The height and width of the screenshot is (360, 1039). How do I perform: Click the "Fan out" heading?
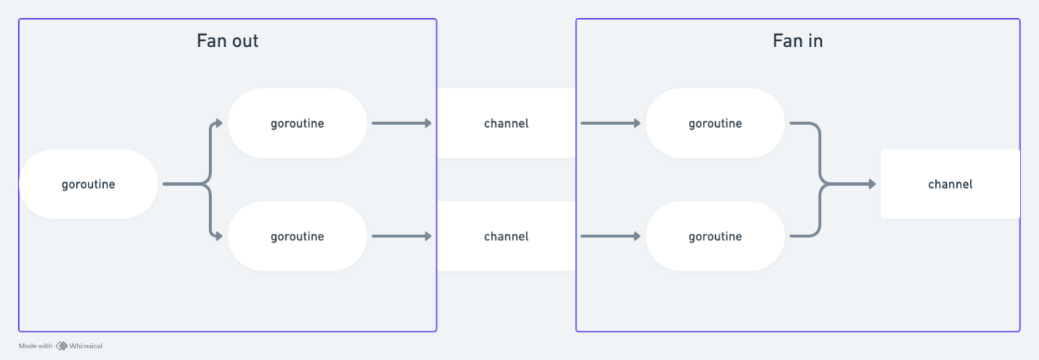pos(227,41)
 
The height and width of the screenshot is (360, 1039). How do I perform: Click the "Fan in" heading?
pos(797,41)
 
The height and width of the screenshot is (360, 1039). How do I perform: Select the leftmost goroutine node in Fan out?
pos(88,184)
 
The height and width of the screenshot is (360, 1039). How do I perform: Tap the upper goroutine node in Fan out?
pos(297,123)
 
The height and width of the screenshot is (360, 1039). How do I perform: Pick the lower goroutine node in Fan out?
pos(297,237)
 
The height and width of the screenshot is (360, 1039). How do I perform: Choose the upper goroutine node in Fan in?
pos(715,123)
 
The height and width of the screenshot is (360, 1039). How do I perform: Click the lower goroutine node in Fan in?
pos(715,237)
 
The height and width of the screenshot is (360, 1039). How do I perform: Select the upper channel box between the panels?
pos(506,123)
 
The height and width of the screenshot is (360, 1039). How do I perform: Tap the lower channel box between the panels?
pos(506,237)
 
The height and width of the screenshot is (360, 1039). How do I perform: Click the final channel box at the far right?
pos(950,184)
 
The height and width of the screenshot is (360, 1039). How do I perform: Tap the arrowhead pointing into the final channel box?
pos(871,184)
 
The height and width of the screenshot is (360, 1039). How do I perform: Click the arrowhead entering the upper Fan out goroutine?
pos(219,123)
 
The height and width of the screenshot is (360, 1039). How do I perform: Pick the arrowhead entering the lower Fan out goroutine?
pos(219,237)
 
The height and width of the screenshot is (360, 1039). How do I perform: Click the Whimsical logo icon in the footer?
pos(62,346)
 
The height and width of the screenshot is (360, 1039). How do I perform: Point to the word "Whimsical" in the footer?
pos(86,346)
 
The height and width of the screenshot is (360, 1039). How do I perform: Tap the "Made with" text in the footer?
pos(36,346)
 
